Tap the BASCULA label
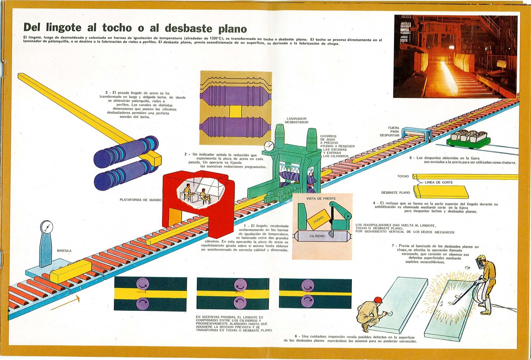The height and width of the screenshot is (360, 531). [x=64, y=251]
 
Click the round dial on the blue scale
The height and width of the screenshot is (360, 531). [x=46, y=227]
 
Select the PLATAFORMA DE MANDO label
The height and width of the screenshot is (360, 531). [x=140, y=200]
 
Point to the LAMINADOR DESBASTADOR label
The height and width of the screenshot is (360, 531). [x=296, y=120]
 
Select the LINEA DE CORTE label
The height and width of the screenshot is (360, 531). [x=438, y=182]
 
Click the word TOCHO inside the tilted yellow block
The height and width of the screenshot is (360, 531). [x=318, y=220]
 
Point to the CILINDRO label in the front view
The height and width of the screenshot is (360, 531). [x=317, y=236]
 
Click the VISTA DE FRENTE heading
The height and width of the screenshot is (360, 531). [x=321, y=199]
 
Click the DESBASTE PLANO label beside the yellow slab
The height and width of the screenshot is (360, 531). [x=395, y=193]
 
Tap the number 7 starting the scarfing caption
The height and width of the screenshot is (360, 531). [x=393, y=246]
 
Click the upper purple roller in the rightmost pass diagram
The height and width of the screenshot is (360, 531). [x=308, y=285]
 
